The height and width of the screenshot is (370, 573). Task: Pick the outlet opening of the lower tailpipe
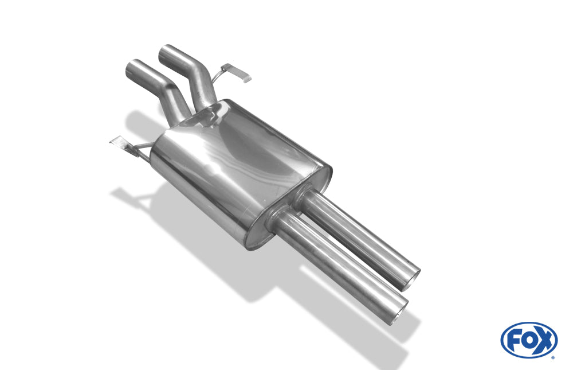click(x=399, y=314)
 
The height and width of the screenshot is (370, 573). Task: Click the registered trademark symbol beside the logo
click(x=552, y=357)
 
